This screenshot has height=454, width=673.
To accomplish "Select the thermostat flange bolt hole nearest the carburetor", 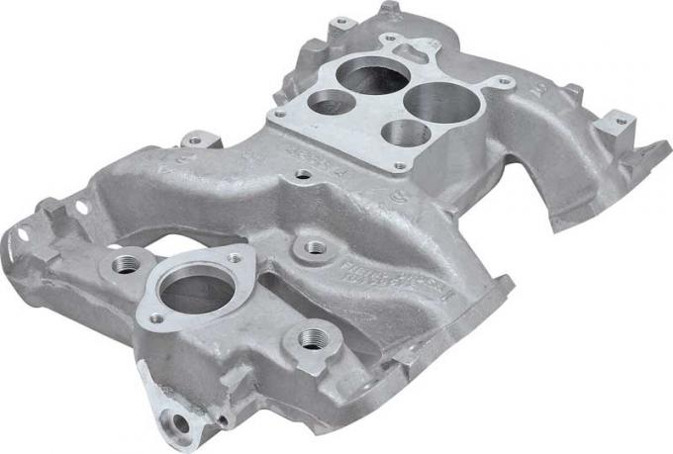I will (235, 258).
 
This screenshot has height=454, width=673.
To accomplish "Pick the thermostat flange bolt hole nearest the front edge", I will (156, 318).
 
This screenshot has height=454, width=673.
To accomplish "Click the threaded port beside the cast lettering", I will (315, 246).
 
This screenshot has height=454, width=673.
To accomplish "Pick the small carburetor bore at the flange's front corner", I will (405, 134).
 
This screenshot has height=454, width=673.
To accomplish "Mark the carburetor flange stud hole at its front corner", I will (400, 166).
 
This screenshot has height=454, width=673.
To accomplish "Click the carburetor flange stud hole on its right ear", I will (504, 81).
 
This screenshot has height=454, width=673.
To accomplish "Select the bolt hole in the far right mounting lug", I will (621, 123).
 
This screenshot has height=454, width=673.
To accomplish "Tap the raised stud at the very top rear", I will (388, 8).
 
